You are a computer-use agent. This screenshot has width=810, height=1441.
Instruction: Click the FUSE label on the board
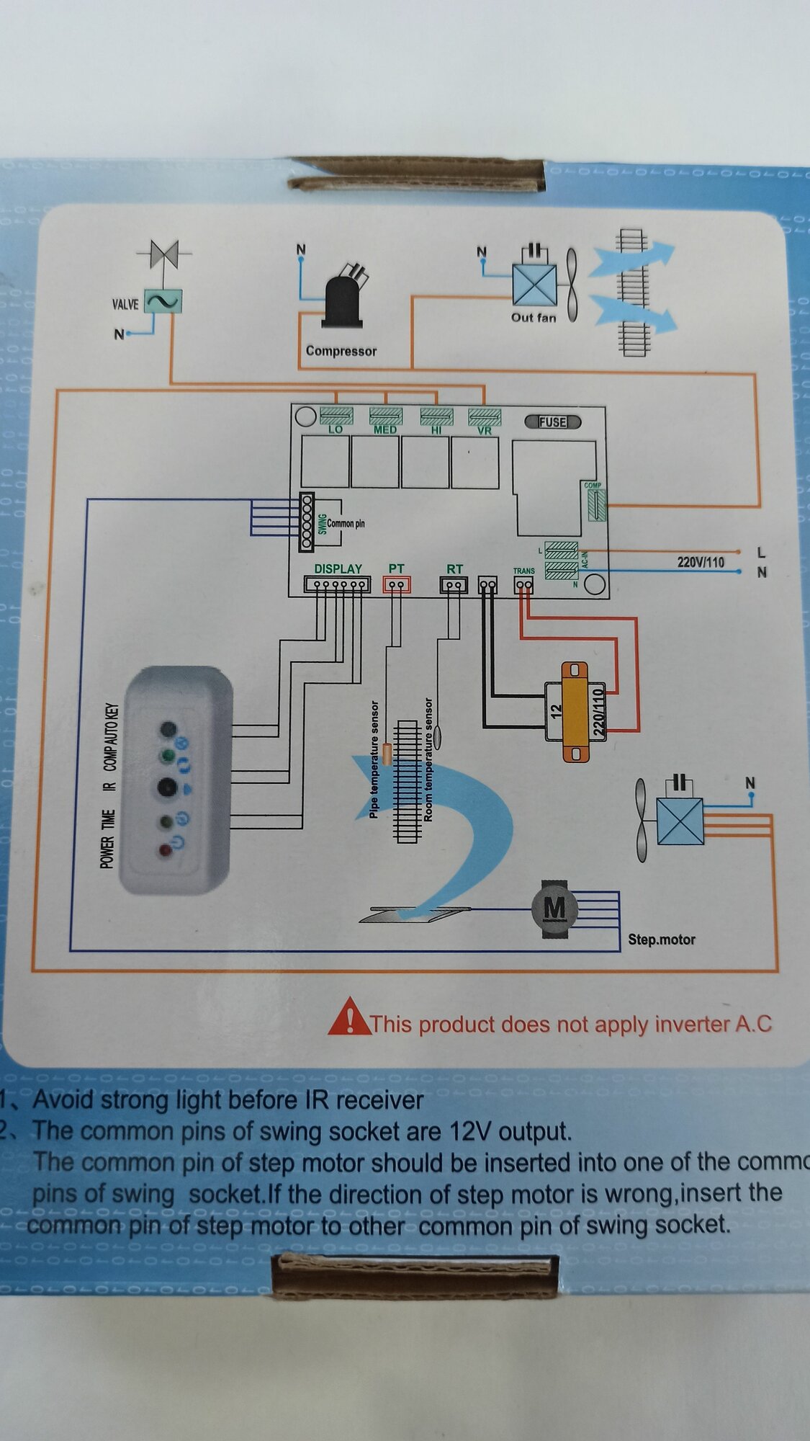click(552, 422)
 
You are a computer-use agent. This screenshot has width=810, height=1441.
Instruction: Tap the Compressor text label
click(341, 351)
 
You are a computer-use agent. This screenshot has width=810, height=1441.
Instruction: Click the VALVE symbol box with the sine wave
click(163, 302)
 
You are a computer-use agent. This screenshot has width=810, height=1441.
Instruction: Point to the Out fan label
click(534, 317)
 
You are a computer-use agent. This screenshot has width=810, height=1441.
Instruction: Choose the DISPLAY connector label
click(338, 569)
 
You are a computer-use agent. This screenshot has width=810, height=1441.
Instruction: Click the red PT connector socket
click(396, 584)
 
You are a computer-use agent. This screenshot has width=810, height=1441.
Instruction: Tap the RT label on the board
click(454, 569)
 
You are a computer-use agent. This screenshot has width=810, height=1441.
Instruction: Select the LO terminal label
click(336, 429)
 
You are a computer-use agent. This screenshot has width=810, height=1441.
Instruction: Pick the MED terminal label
click(385, 430)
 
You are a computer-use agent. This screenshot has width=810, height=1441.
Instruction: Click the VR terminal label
click(484, 431)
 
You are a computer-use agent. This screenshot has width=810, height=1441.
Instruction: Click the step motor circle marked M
click(554, 909)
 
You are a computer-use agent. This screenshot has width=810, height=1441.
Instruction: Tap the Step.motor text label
click(661, 940)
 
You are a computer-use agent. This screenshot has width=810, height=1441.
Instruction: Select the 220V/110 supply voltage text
click(701, 562)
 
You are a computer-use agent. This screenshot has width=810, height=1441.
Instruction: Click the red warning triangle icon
click(349, 1017)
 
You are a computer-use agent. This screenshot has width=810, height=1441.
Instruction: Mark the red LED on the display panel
click(166, 851)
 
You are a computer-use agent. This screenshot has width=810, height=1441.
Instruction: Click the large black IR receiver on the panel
click(168, 788)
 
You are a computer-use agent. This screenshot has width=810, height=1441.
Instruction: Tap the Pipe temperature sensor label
click(374, 759)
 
